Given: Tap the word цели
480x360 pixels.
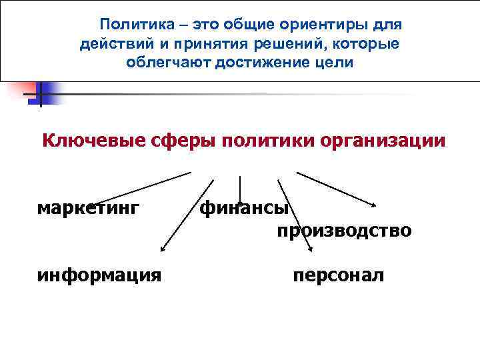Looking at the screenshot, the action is tap(336, 63).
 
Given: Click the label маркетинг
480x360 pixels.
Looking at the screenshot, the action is tap(89, 208).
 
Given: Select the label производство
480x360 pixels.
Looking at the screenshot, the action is tap(344, 231).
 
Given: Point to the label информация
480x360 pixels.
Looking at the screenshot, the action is tap(99, 275).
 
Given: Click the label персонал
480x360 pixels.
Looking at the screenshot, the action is tap(339, 275).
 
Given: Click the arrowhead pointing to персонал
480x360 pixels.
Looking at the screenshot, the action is tap(311, 250).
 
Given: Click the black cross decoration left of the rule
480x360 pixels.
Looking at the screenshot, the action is tap(39, 95).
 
